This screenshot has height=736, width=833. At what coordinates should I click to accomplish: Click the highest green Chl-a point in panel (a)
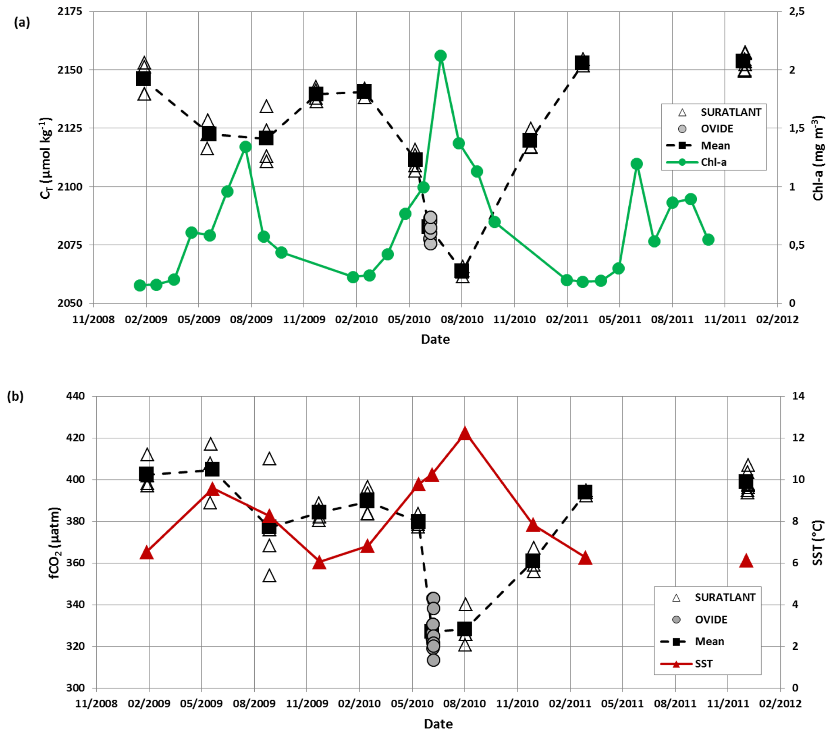coord(440,56)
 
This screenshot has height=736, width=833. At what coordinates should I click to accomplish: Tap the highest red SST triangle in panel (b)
coord(465,434)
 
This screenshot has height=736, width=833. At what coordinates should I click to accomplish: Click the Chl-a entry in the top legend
coord(713,162)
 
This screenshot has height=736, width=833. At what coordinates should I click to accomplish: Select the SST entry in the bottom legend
coord(703,663)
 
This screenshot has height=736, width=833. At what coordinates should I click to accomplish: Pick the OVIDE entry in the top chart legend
coord(717,129)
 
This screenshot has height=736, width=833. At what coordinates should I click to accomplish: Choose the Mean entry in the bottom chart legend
coord(709,641)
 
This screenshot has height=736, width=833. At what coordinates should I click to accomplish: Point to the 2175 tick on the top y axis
coord(70,11)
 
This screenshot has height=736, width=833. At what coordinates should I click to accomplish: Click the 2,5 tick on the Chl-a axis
coord(797,11)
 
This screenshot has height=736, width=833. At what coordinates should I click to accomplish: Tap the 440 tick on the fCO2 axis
coord(75,396)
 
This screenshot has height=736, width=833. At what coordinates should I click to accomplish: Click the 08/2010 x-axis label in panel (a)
coord(462,320)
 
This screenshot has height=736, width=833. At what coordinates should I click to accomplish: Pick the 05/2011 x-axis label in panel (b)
coord(623,704)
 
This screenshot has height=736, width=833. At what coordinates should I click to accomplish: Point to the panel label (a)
coord(22,23)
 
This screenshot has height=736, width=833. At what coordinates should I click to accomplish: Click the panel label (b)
coord(15,396)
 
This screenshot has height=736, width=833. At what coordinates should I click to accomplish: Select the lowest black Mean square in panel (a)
coord(462,270)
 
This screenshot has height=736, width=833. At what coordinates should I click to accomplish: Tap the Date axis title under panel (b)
coord(438,724)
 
